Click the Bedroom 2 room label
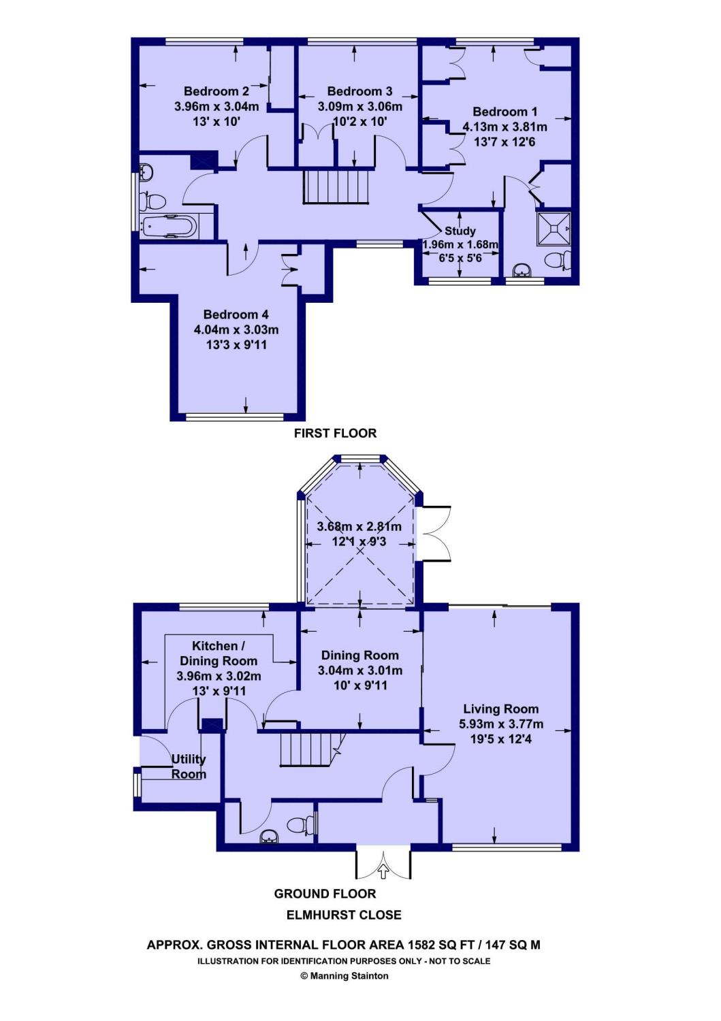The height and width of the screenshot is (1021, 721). (216, 91)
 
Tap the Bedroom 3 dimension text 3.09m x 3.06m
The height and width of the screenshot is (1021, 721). (359, 107)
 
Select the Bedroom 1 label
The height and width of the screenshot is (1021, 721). (505, 112)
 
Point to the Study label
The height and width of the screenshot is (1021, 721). (460, 231)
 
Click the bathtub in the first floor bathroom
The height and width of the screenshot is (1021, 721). (169, 226)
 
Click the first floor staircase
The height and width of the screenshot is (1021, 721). (336, 187)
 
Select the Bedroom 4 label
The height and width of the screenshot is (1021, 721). (236, 314)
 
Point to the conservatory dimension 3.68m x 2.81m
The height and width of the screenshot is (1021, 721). (359, 527)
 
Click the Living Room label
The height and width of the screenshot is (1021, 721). (500, 709)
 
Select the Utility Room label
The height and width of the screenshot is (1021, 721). (189, 766)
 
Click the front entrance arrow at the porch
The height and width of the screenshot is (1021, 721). (383, 872)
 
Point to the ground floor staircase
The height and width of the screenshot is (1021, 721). (309, 750)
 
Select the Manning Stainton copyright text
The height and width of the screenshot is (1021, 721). (345, 975)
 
